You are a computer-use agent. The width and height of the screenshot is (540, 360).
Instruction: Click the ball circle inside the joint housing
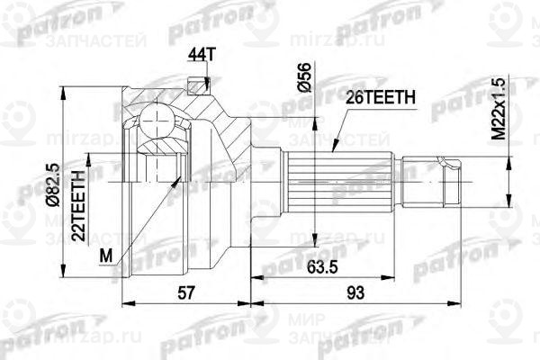click(157, 124)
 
